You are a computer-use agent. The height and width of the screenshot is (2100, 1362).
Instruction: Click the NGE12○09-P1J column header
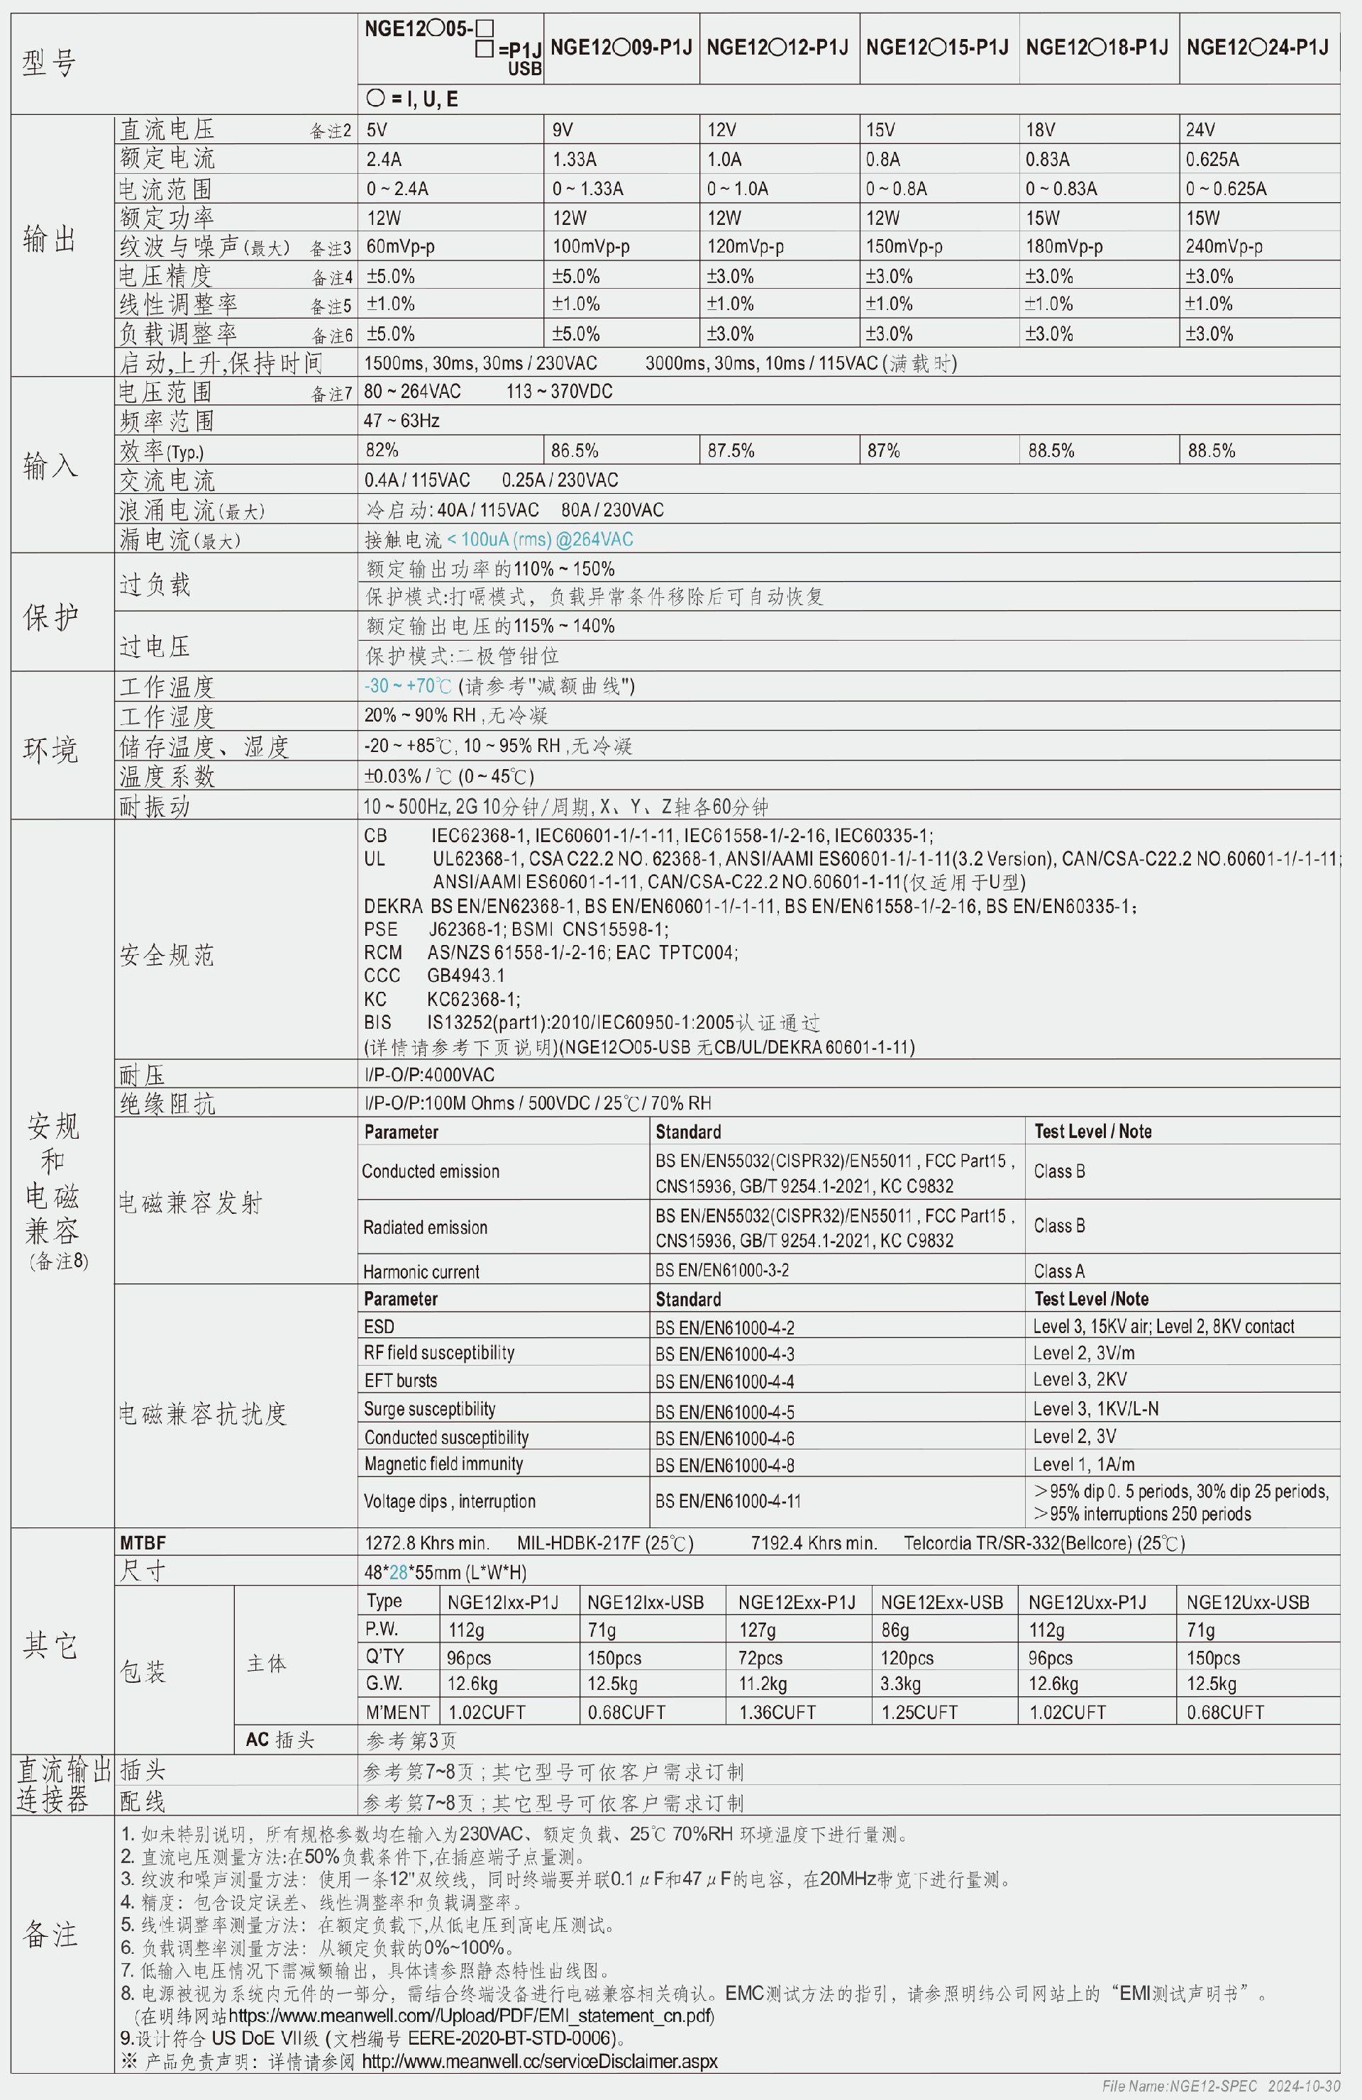(x=621, y=48)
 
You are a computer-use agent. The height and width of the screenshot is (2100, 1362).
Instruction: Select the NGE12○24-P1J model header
(x=1257, y=48)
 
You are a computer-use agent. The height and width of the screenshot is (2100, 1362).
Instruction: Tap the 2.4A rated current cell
(x=384, y=160)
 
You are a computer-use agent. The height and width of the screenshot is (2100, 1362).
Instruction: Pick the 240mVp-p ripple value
(x=1224, y=247)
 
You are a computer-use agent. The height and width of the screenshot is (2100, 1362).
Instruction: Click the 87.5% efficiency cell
(x=731, y=451)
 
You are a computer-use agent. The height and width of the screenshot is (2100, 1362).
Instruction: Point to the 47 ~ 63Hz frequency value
(x=402, y=421)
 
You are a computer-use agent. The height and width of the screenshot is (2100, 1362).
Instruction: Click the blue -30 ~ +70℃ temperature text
(x=408, y=685)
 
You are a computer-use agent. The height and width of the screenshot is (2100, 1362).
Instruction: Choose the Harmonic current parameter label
(x=421, y=1271)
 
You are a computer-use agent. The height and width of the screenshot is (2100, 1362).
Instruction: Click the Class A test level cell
(x=1058, y=1271)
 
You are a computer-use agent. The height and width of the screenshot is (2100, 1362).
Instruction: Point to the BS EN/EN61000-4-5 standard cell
(x=724, y=1412)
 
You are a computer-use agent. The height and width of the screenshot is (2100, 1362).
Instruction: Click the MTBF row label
(x=143, y=1543)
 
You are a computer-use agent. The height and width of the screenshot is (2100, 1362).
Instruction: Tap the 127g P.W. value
(x=757, y=1630)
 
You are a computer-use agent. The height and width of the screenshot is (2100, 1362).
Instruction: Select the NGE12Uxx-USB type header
(x=1247, y=1603)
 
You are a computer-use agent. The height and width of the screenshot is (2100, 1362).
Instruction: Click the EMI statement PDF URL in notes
(x=471, y=2016)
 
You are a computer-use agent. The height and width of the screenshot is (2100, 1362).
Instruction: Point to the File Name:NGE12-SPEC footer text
(x=1180, y=2086)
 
